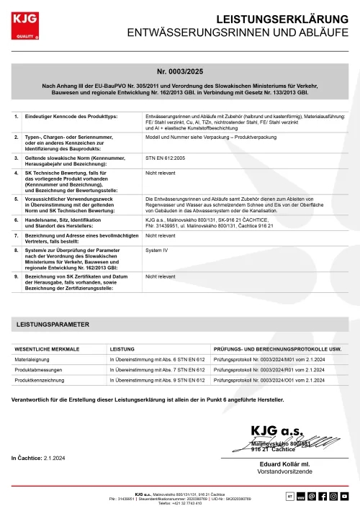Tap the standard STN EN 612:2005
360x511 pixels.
(165, 155)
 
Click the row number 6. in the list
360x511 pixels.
(17, 220)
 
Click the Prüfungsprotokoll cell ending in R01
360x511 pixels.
(265, 368)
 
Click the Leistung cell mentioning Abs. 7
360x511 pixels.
(153, 368)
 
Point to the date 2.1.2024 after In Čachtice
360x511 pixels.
(55, 458)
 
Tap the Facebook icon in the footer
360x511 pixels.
(323, 497)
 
